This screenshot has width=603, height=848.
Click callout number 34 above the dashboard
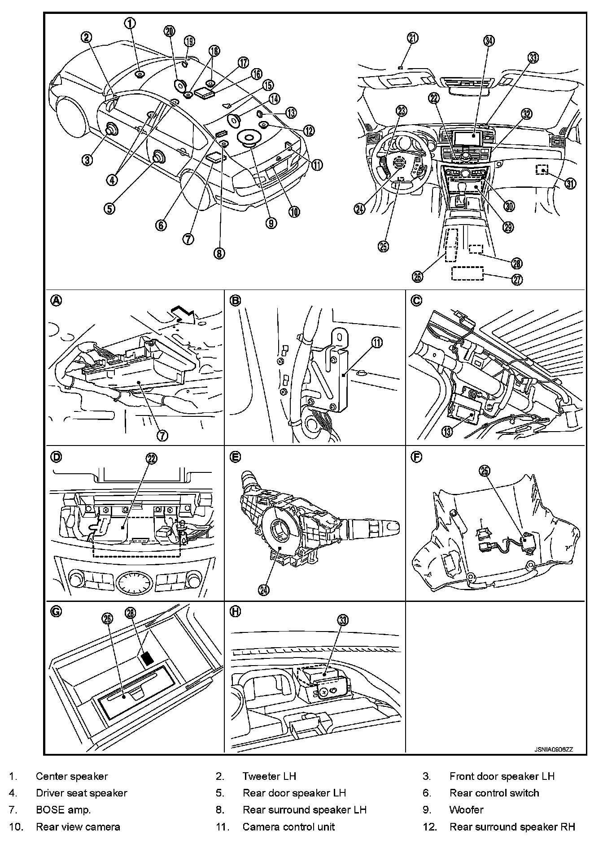489,41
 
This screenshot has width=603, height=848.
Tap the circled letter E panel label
235,457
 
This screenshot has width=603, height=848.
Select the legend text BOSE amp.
63,809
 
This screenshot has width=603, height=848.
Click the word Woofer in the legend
466,809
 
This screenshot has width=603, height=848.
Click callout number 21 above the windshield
412,38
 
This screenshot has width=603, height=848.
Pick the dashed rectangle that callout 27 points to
467,273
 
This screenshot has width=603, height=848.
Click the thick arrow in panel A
184,314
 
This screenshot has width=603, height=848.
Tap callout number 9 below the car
271,223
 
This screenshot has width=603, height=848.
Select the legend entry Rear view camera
78,826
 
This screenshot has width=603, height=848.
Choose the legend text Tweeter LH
269,776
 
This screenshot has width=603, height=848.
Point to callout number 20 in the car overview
170,31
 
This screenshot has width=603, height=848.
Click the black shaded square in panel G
147,658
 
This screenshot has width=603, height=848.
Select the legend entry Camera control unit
288,826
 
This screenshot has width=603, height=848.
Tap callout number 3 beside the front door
88,159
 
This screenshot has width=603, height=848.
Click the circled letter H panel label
235,611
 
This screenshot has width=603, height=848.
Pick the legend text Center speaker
72,776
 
